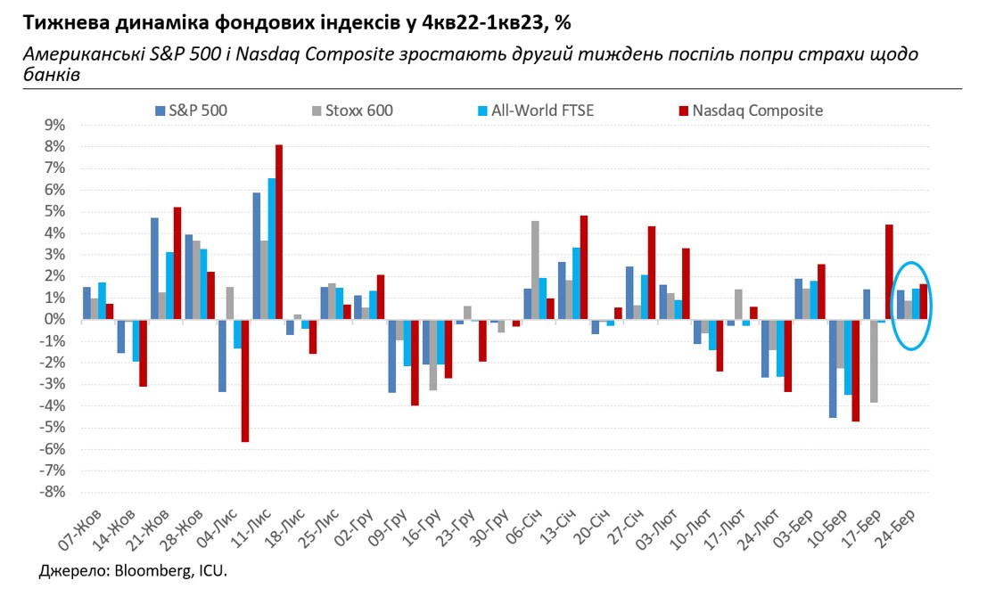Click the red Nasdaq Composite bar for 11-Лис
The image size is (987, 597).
[x=279, y=232]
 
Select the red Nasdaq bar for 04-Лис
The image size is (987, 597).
[x=244, y=380]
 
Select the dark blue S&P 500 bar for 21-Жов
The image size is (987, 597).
[x=154, y=268]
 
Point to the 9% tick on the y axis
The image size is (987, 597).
[x=56, y=125]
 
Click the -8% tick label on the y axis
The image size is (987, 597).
[x=53, y=492]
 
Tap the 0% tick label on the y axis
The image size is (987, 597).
[x=56, y=319]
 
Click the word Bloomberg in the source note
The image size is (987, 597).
[x=147, y=569]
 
